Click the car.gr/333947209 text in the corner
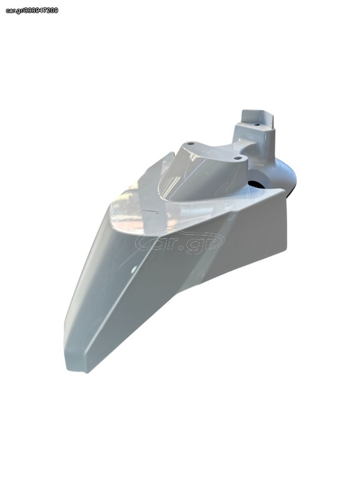(x=32, y=11)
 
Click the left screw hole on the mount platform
(x=191, y=143)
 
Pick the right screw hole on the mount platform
(x=238, y=158)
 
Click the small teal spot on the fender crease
(x=134, y=270)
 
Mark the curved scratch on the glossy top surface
(x=152, y=211)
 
